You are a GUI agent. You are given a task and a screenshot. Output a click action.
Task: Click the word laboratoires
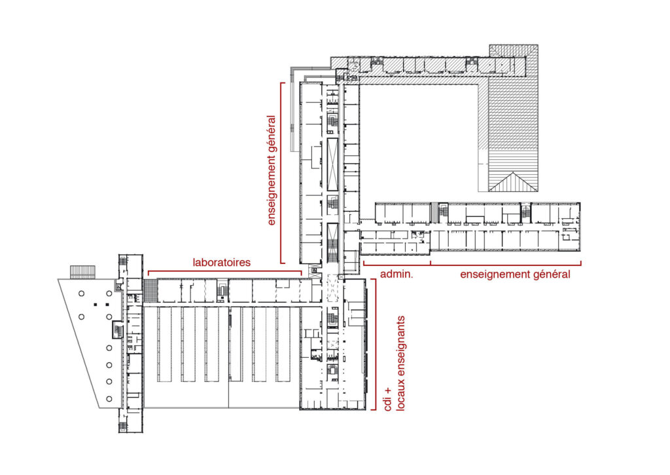[221, 262]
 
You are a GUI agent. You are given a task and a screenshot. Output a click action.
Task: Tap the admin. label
[397, 274]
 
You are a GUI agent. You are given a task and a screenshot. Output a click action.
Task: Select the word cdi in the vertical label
[387, 404]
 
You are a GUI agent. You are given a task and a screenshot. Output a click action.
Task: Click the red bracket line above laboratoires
[225, 271]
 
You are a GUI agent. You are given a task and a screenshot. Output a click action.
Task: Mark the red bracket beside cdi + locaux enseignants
[375, 345]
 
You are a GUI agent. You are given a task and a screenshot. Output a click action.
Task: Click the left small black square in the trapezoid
[96, 304]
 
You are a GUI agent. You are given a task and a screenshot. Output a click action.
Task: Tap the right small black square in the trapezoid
[107, 304]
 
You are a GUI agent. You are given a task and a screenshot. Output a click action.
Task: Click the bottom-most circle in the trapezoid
[109, 399]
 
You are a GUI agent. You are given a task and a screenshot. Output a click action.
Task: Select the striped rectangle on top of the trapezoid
[83, 272]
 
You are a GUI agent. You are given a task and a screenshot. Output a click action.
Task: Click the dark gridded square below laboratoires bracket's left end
[150, 290]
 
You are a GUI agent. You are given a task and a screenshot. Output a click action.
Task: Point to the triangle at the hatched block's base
[513, 182]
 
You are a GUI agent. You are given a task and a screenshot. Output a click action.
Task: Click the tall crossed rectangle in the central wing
[332, 164]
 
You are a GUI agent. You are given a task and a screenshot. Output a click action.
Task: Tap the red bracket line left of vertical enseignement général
[281, 173]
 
